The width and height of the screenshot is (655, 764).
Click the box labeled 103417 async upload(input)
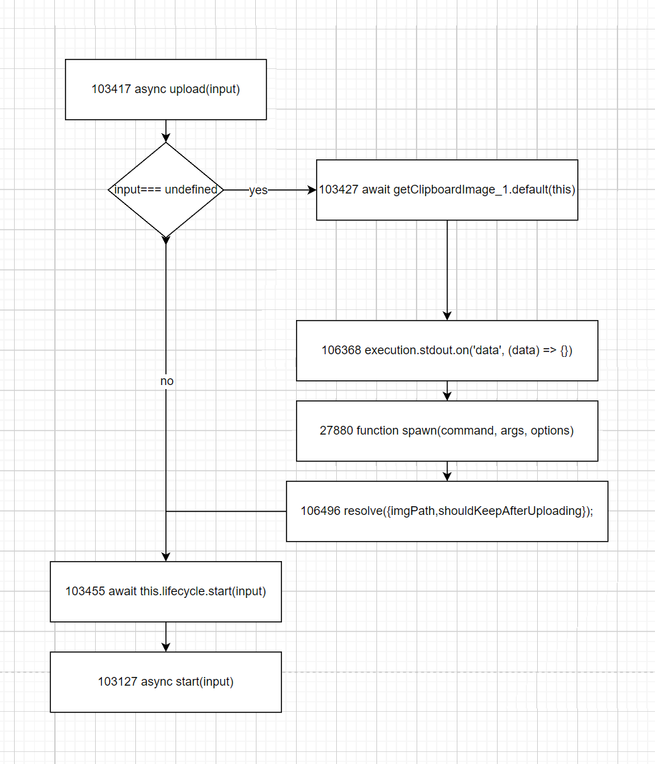(x=165, y=89)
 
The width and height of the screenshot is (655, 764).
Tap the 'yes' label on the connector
(x=258, y=190)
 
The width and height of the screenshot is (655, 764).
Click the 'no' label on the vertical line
(x=167, y=380)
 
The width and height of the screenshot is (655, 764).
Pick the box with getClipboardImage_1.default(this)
(x=447, y=189)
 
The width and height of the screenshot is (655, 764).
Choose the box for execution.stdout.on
(x=447, y=350)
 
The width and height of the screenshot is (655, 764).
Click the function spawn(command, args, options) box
(x=447, y=431)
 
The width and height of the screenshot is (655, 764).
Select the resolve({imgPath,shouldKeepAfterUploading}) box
(x=447, y=511)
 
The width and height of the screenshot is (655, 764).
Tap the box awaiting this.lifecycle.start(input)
(x=165, y=591)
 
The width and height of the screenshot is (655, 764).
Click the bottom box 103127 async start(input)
(x=165, y=682)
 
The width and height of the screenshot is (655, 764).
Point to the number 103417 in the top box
(x=111, y=89)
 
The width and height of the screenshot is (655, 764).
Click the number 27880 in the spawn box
(x=336, y=431)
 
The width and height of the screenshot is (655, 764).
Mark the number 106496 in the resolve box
(x=320, y=511)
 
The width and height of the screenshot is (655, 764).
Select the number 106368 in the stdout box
(x=342, y=350)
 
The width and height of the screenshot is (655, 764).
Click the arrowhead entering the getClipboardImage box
(x=311, y=190)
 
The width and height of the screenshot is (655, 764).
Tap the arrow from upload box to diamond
(x=165, y=131)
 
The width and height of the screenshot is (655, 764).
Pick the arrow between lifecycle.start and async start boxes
(x=165, y=636)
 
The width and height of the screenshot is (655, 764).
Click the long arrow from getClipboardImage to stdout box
(x=447, y=268)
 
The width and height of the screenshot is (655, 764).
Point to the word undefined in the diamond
(x=192, y=189)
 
